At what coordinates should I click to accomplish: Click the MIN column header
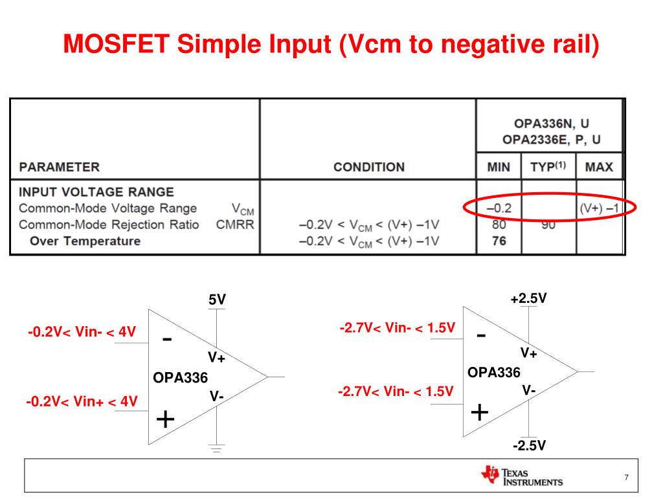[x=498, y=167]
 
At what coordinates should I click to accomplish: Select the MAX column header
[x=598, y=167]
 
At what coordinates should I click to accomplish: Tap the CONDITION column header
[x=368, y=167]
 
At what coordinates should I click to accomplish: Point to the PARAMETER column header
[x=60, y=167]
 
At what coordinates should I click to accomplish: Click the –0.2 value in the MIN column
[x=499, y=208]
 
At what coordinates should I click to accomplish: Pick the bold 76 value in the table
[x=498, y=241]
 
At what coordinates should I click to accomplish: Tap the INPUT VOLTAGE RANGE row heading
[x=96, y=192]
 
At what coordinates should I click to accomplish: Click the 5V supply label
[x=218, y=300]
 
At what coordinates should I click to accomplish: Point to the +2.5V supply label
[x=528, y=298]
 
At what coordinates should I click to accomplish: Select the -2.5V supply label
[x=528, y=446]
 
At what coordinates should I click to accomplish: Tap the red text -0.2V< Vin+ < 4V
[x=82, y=401]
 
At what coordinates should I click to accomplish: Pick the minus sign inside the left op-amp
[x=166, y=339]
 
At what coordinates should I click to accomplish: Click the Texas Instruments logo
[x=522, y=477]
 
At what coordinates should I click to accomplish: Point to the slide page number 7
[x=626, y=478]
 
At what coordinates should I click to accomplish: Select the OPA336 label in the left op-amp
[x=181, y=377]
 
